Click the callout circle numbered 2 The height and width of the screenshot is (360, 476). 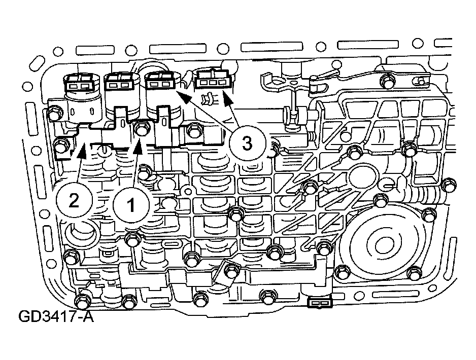74,200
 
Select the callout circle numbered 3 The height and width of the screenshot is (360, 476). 247,143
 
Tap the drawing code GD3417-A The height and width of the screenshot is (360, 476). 56,316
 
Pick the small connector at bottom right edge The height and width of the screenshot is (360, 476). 320,303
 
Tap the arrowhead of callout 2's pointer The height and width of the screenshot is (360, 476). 81,151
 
